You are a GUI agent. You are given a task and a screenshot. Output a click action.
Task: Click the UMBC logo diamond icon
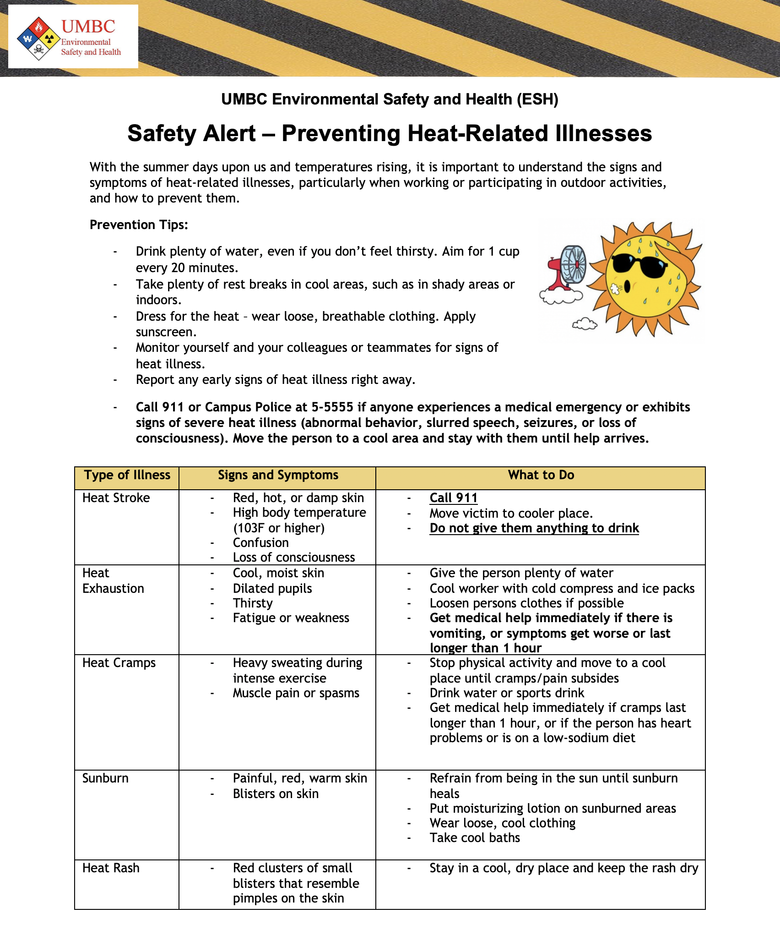coord(38,38)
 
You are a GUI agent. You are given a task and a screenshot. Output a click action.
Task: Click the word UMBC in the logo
coord(88,27)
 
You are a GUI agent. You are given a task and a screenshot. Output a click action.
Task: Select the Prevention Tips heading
coord(139,225)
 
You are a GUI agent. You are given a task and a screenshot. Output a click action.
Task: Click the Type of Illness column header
coord(127,475)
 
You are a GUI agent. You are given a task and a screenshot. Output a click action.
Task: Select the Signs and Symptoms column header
coord(278,475)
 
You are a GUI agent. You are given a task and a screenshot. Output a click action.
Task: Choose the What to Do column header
coord(541,475)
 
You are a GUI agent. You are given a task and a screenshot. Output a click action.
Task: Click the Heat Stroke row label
coord(116,498)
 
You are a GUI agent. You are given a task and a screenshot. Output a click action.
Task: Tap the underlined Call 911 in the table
coord(453,498)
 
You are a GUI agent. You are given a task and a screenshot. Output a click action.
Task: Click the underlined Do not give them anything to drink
coord(534,528)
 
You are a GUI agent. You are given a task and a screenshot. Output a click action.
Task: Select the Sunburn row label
coord(105,778)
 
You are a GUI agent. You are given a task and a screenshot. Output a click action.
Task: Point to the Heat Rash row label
coord(111,868)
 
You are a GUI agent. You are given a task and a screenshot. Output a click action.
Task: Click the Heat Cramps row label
coord(119,663)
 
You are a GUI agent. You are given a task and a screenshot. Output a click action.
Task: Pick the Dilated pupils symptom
coord(272,589)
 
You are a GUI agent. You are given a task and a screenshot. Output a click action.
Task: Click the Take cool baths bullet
coord(475,838)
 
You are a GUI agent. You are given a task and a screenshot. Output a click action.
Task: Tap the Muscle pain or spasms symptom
coord(296,693)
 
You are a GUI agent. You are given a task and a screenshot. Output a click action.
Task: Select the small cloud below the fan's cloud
coord(585,324)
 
